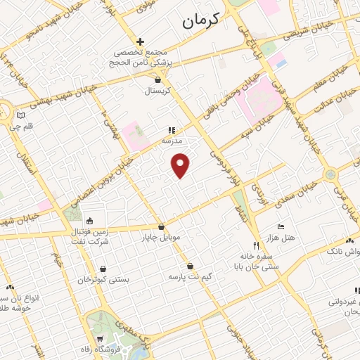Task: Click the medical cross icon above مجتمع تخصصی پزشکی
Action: pos(141,41)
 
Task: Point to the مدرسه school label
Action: pos(172,141)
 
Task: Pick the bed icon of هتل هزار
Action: pos(281,226)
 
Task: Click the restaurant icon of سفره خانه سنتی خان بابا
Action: pos(257,246)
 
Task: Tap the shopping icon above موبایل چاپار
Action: pos(162,226)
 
